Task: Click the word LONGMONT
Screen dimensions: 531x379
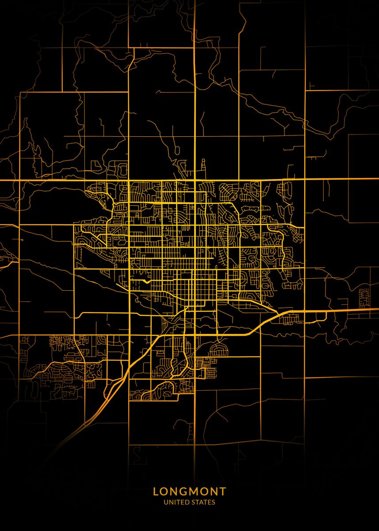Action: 189,491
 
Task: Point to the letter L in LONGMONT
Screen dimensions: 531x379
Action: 156,491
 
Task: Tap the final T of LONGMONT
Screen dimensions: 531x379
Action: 223,491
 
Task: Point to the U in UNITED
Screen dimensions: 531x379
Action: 165,502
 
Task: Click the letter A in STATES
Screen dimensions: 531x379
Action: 201,502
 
